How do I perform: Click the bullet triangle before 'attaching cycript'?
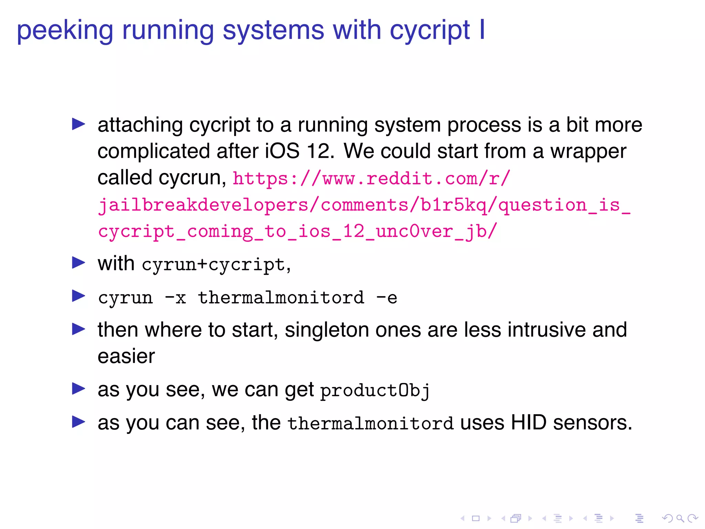[x=78, y=124]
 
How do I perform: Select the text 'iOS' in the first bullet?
[x=282, y=151]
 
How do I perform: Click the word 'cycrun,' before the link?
[x=192, y=178]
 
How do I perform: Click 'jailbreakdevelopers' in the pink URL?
[x=203, y=205]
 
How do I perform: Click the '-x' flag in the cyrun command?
[x=176, y=298]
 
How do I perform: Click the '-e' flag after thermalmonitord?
[x=387, y=298]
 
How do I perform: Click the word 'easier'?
[x=126, y=356]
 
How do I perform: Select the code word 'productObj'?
[x=375, y=391]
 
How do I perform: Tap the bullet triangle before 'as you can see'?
[x=78, y=422]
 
